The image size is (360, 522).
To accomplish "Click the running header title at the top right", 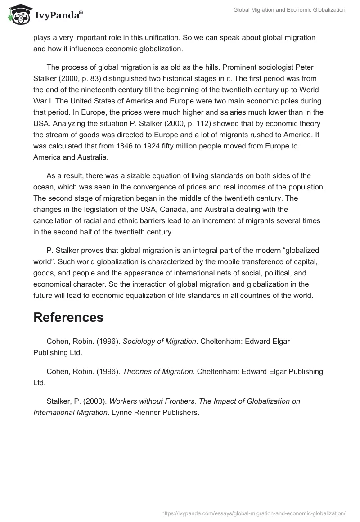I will tap(289, 10).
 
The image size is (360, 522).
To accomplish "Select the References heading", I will tap(68, 317).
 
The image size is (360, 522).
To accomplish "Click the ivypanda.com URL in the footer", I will tap(253, 513).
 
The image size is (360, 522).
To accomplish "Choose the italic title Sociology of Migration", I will tap(159, 342).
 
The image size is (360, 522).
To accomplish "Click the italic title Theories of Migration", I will tap(157, 372).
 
